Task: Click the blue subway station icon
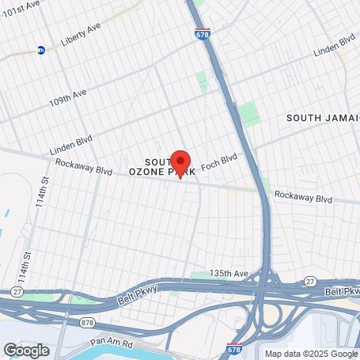tap(41, 50)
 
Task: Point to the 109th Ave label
tap(66, 102)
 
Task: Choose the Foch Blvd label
tap(219, 163)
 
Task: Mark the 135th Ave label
tap(229, 274)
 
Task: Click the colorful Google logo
tap(26, 350)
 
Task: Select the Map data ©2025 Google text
tap(310, 354)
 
